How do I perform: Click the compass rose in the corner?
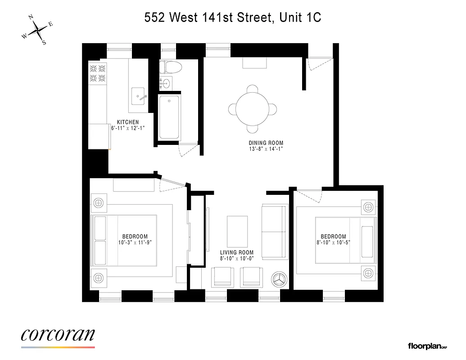coord(37,30)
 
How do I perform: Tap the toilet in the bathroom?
coord(172,67)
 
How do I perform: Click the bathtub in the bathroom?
coord(169,116)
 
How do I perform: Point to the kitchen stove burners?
coord(98,74)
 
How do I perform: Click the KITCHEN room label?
coord(128,122)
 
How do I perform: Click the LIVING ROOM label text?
coord(236,252)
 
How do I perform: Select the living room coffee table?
coord(237,229)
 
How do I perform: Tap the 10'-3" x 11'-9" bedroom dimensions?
coord(135,243)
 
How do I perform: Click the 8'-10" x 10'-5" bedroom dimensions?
coord(333,243)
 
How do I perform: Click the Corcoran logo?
coord(58,335)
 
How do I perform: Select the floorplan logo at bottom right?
coord(427,346)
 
